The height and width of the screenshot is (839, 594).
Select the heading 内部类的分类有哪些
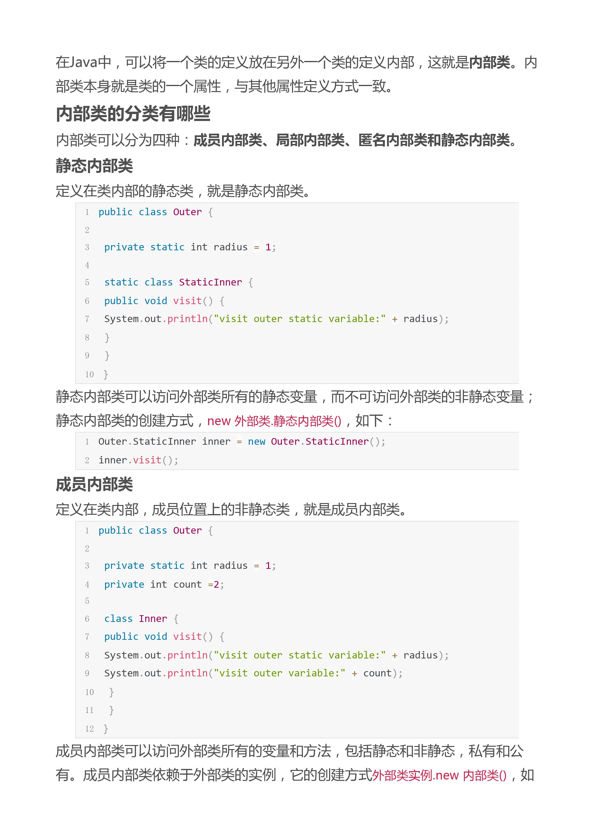coord(133,113)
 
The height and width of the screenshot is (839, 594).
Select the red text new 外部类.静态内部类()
coord(274,421)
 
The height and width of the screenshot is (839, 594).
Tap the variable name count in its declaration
coord(187,584)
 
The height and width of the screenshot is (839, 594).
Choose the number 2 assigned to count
coord(216,584)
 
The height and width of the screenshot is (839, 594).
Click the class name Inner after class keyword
coord(153,619)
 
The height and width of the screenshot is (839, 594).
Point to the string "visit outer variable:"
coord(280,673)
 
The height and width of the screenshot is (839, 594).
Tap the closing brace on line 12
coord(106,729)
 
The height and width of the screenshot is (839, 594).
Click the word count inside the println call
coord(377,673)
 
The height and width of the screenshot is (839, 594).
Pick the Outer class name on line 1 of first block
coord(187,212)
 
